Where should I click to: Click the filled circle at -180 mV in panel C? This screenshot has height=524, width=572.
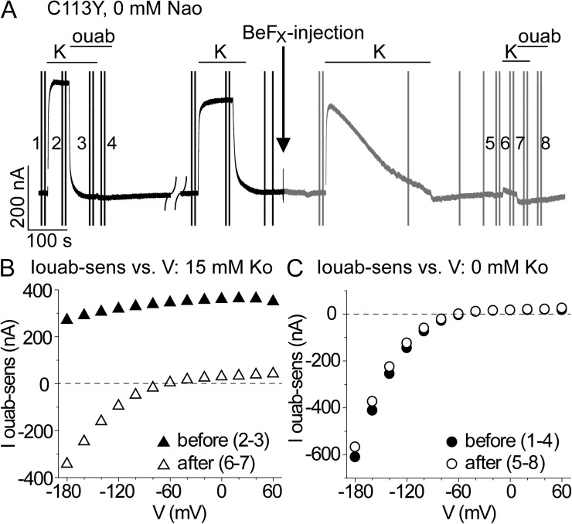pos(355,457)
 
